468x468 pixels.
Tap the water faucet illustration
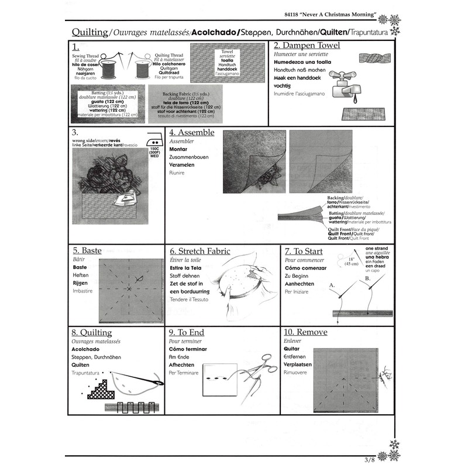coord(343,82)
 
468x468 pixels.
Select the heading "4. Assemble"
coord(191,133)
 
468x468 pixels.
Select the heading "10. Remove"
coord(305,332)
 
